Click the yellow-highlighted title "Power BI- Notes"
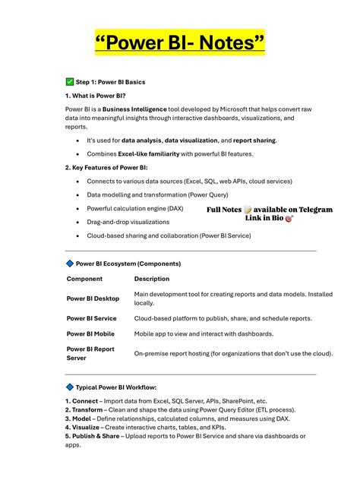[180, 42]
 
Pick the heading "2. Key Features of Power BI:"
[106, 167]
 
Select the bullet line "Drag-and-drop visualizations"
[128, 222]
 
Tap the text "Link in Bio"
[264, 218]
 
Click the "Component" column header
[84, 279]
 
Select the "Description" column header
[152, 279]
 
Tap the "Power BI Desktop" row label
[93, 298]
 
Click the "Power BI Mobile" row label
[90, 333]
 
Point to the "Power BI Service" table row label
[91, 318]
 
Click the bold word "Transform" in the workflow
[89, 409]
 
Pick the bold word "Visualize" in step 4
[87, 427]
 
